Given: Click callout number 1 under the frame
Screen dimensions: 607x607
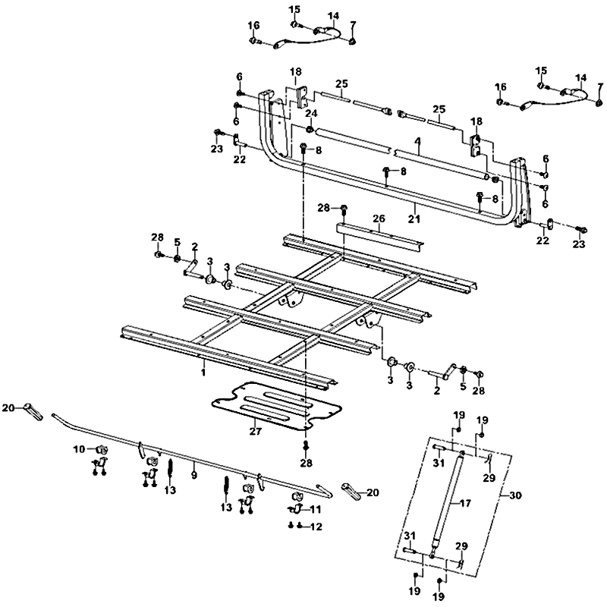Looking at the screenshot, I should tap(203, 373).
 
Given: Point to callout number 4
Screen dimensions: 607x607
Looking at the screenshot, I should tap(417, 140).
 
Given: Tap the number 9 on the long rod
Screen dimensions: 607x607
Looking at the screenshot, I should tap(193, 475).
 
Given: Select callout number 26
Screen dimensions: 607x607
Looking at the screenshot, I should tap(378, 218).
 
